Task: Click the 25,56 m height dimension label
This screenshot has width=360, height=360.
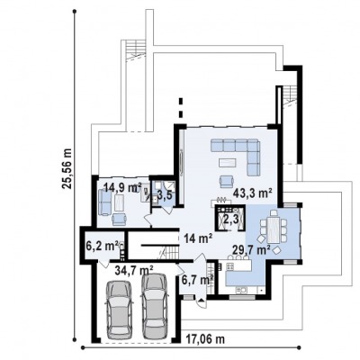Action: (68, 168)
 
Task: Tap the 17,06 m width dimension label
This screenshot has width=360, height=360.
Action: (205, 339)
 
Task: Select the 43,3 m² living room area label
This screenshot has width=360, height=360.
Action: (253, 193)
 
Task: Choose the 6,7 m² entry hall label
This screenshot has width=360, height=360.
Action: (197, 280)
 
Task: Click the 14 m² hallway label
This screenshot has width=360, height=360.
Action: (199, 238)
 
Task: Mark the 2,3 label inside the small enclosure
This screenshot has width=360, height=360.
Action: (231, 220)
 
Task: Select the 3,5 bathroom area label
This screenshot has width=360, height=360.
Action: (165, 195)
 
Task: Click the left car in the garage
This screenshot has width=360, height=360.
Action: (119, 309)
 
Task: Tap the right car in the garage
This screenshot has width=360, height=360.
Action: (155, 306)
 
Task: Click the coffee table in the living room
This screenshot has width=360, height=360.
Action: (228, 163)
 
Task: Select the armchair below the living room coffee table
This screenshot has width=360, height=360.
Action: (226, 182)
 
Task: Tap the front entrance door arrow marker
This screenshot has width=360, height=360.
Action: (201, 300)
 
